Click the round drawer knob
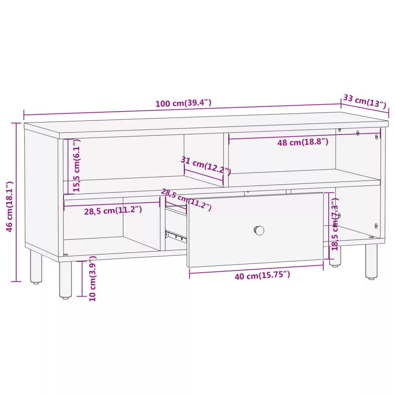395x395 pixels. coord(259,230)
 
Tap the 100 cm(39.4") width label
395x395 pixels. coord(183,103)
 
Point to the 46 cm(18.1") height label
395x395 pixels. coord(9,206)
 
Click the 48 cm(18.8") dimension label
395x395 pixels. coord(303,142)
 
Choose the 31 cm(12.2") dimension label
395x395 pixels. coord(206,165)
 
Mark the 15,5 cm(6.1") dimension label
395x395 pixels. coord(76,165)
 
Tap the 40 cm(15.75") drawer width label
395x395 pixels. coord(262,275)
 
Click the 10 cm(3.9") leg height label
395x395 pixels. coord(93,279)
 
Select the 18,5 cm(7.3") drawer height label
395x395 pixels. coord(335,224)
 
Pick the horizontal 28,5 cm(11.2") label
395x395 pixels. coord(113,210)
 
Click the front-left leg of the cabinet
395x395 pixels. coord(65,280)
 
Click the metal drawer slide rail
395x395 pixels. coord(176,236)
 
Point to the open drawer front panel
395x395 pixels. coord(255,230)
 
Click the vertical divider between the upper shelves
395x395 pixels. coord(226,160)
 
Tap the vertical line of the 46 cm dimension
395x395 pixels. coord(17,202)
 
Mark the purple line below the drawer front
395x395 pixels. coord(256,269)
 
